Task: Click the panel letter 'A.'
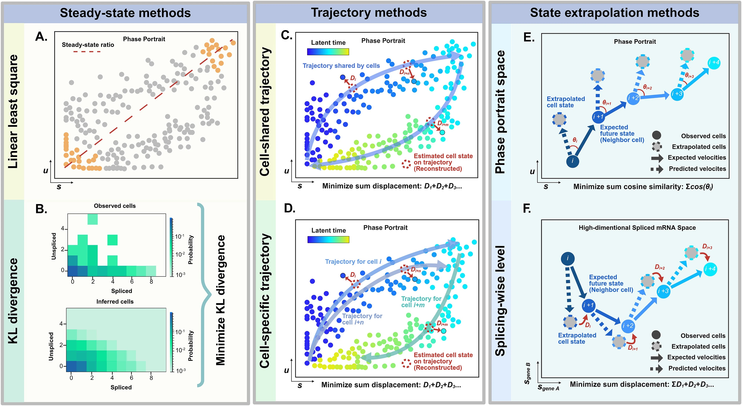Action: pyautogui.click(x=41, y=37)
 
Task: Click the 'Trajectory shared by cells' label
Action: pyautogui.click(x=341, y=66)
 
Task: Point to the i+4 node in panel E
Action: pyautogui.click(x=714, y=63)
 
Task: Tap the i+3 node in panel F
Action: pyautogui.click(x=663, y=291)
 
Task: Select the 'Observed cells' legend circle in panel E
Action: pyautogui.click(x=656, y=136)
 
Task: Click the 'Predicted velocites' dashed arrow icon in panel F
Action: pyautogui.click(x=657, y=369)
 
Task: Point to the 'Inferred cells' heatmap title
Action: pyautogui.click(x=115, y=301)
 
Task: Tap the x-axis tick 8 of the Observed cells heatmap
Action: pyautogui.click(x=151, y=281)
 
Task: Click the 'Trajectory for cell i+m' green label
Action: pyautogui.click(x=421, y=302)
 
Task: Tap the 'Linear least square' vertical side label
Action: pyautogui.click(x=13, y=112)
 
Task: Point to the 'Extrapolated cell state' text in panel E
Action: pyautogui.click(x=565, y=102)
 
